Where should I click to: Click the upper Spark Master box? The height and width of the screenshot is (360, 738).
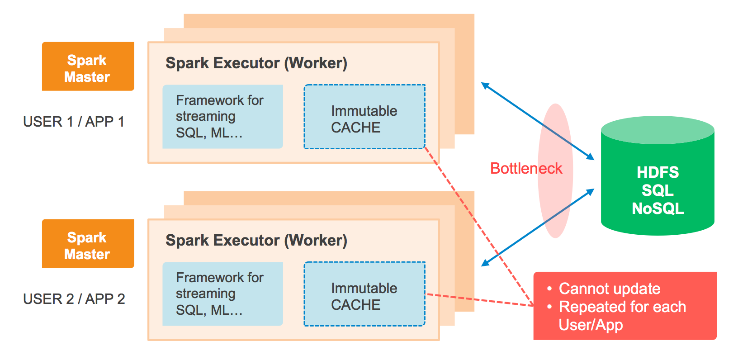click(88, 66)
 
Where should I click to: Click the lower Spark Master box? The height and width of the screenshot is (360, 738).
click(88, 243)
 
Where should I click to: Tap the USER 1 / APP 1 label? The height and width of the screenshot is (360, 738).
click(74, 122)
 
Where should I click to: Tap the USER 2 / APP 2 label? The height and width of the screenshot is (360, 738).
click(74, 299)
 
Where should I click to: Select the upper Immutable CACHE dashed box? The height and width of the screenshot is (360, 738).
click(364, 117)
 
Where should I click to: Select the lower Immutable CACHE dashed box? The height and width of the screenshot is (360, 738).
click(364, 294)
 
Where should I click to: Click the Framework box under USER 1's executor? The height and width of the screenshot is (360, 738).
click(223, 117)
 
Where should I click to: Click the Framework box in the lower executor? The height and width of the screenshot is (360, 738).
click(223, 294)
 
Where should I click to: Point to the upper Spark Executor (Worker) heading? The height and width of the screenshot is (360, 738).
click(256, 63)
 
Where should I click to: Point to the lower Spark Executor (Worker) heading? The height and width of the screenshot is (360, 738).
click(256, 240)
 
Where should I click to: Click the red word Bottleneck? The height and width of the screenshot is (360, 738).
click(526, 168)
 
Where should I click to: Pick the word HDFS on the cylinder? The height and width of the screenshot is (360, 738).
click(658, 172)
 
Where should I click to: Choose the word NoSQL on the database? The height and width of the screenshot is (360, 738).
click(658, 208)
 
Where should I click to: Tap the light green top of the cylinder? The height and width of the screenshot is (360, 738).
click(658, 130)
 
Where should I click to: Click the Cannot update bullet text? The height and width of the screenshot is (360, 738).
click(610, 289)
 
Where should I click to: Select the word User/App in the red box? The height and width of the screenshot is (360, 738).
click(591, 325)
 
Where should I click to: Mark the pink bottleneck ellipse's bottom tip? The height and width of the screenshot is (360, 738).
click(555, 238)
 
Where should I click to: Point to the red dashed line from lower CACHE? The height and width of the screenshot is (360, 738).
click(479, 300)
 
